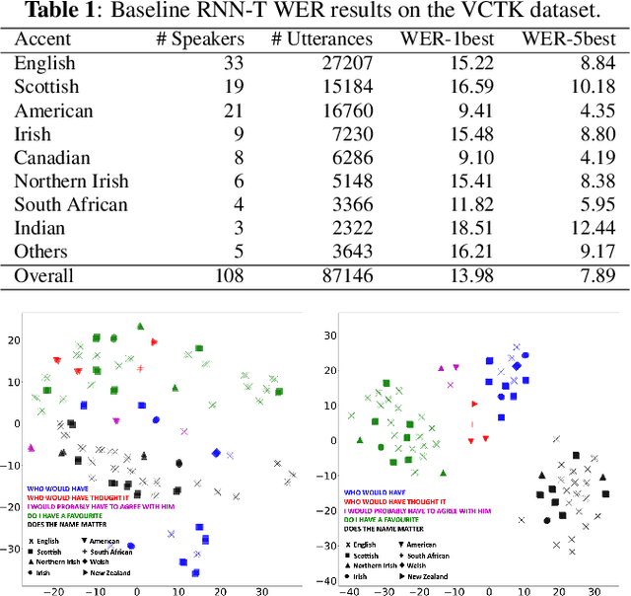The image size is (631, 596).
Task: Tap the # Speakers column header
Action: (x=201, y=39)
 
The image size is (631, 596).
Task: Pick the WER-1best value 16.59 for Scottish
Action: (x=465, y=87)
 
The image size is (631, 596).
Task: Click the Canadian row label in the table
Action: (x=52, y=158)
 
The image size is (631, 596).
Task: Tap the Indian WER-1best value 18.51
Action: (x=465, y=229)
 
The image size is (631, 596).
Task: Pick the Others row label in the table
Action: (x=41, y=253)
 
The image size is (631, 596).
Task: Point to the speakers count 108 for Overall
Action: (x=229, y=276)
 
